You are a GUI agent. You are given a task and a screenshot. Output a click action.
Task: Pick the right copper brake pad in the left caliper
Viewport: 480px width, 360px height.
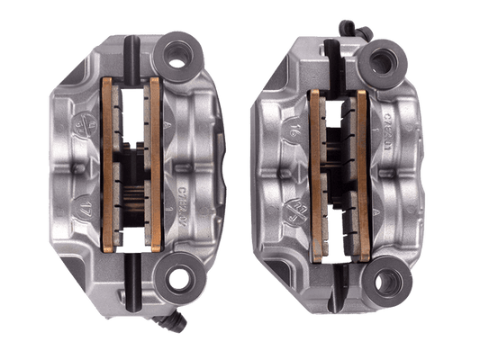point(155,162)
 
